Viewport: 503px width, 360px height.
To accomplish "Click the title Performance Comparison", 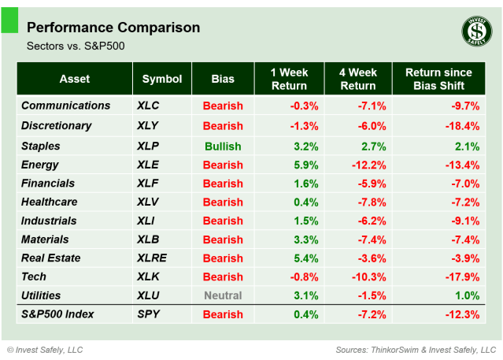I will (113, 28).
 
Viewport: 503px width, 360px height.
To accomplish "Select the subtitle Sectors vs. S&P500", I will (76, 46).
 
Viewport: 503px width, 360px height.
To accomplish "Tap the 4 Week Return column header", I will (359, 79).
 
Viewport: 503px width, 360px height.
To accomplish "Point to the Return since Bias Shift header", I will (438, 79).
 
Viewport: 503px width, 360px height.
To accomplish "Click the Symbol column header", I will (162, 79).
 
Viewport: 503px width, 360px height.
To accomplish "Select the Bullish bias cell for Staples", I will (223, 147).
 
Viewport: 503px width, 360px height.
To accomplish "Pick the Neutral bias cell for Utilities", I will (223, 295).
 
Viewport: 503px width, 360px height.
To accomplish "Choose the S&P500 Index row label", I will (57, 314).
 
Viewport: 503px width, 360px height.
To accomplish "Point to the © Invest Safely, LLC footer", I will (45, 349).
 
